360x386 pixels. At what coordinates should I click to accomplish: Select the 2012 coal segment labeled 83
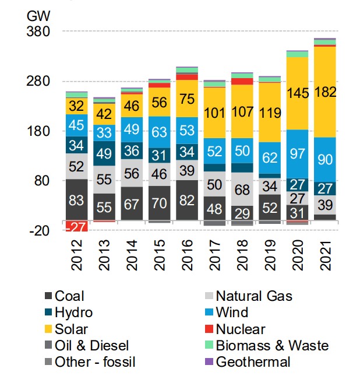76,200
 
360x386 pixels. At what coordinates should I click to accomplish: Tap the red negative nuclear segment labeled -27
76,226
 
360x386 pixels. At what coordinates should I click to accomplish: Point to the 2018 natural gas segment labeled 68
242,190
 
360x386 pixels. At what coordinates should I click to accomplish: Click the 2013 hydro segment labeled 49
104,154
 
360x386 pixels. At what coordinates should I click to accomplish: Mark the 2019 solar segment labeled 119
269,113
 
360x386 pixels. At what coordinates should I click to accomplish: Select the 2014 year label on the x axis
132,258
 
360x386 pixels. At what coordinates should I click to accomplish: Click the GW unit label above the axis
38,15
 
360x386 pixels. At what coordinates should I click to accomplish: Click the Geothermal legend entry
253,362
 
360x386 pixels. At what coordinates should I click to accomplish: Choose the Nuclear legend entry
241,329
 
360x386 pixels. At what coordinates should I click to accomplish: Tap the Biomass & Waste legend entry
272,346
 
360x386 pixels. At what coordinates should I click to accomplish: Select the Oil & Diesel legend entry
91,346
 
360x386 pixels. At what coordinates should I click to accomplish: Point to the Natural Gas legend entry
254,296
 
